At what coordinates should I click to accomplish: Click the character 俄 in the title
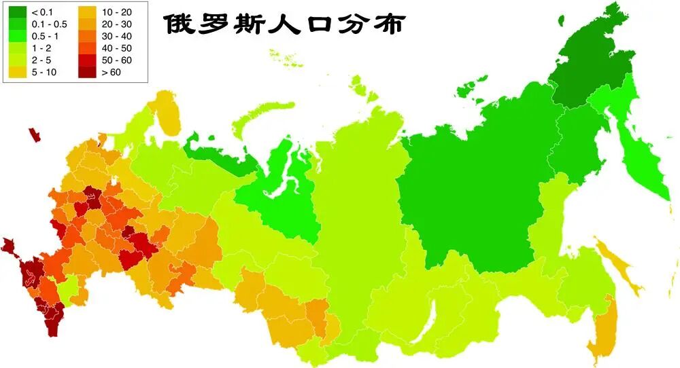click(x=179, y=24)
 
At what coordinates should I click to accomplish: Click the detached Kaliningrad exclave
click(x=33, y=134)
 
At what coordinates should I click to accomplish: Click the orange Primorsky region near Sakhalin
click(x=601, y=333)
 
